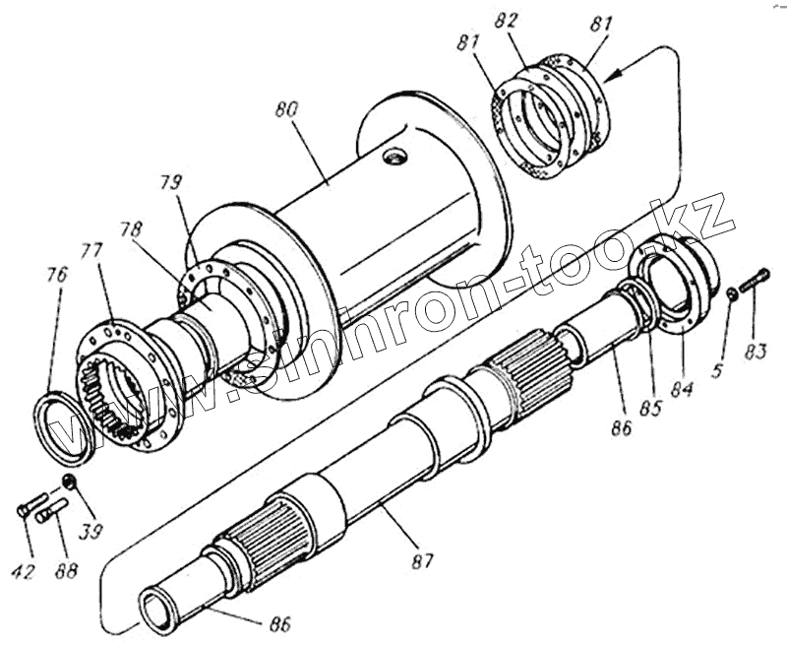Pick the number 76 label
pos(57,275)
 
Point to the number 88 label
pos(66,571)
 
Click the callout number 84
pos(682,387)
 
